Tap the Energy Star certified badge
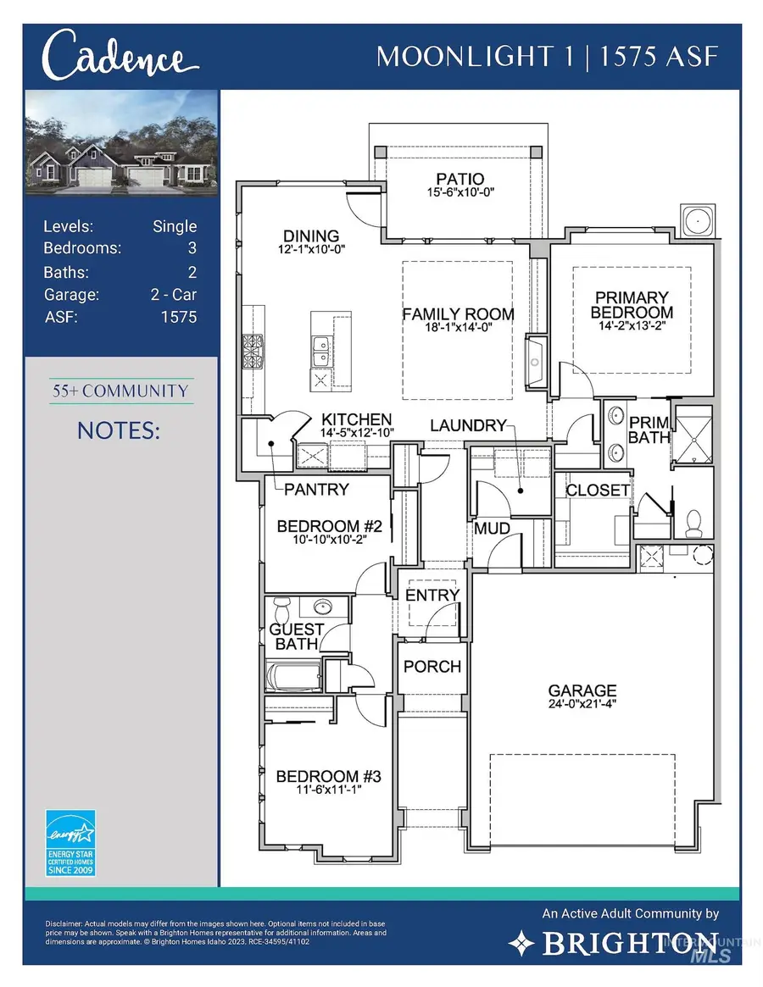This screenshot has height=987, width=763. click(70, 842)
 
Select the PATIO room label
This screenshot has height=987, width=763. click(459, 180)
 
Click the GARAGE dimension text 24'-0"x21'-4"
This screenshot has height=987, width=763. click(582, 703)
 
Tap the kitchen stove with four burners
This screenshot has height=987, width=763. click(253, 348)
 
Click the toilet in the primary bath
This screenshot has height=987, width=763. click(693, 523)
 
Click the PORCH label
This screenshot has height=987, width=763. click(432, 667)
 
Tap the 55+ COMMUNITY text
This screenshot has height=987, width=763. click(120, 391)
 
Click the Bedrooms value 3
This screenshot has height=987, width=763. click(192, 248)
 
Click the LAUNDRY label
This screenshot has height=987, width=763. click(467, 425)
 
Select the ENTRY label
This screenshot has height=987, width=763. click(432, 596)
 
